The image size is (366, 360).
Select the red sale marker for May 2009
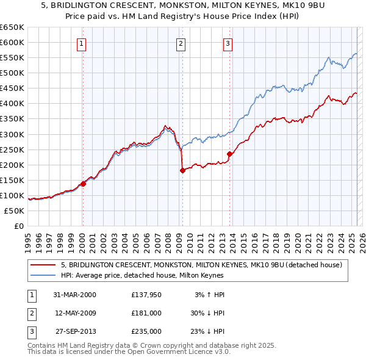[182, 171]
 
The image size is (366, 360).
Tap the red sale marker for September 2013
[229, 154]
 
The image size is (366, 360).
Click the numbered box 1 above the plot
[81, 43]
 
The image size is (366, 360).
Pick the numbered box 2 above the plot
[181, 43]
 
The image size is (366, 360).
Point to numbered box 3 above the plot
[228, 43]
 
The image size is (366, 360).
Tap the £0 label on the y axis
[18, 226]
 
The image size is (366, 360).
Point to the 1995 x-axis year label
[28, 239]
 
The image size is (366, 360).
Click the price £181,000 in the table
[146, 313]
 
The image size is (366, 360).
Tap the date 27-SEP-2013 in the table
[76, 331]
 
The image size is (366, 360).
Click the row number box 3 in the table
[31, 331]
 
